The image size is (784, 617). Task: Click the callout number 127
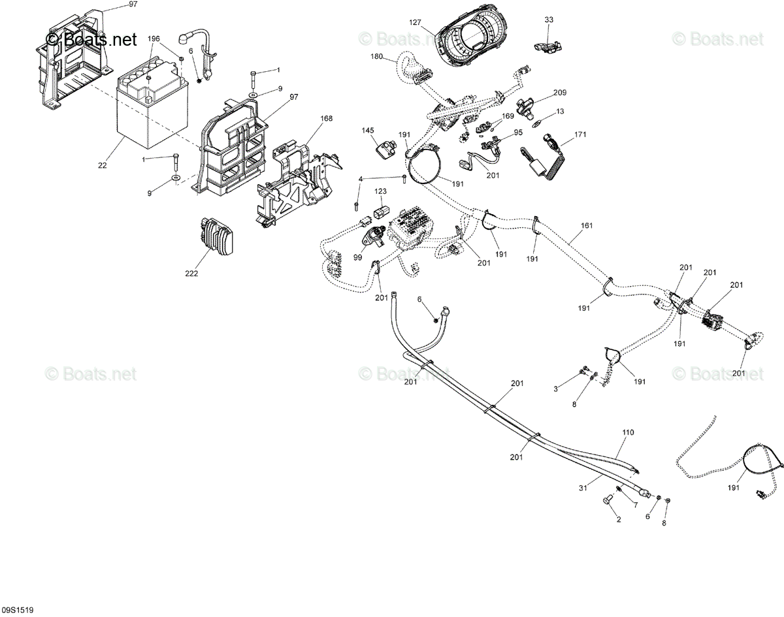(x=415, y=23)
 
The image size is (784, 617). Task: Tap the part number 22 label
(x=103, y=165)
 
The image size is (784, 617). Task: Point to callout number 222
(x=191, y=273)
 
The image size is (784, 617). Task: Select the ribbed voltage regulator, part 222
(x=216, y=235)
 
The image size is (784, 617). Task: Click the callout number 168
(x=327, y=118)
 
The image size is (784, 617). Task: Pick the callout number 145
(x=368, y=131)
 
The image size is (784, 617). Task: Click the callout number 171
(x=580, y=134)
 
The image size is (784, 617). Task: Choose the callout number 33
(x=549, y=20)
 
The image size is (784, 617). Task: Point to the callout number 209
(x=560, y=93)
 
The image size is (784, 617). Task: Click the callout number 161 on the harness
(x=587, y=225)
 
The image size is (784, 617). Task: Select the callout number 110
(x=628, y=432)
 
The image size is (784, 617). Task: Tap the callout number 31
(x=583, y=488)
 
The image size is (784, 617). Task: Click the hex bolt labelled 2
(x=609, y=500)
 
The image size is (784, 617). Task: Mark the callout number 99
(x=358, y=257)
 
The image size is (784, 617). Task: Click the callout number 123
(x=381, y=191)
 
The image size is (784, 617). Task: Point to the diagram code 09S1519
(x=18, y=610)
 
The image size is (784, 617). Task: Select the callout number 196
(x=154, y=39)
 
